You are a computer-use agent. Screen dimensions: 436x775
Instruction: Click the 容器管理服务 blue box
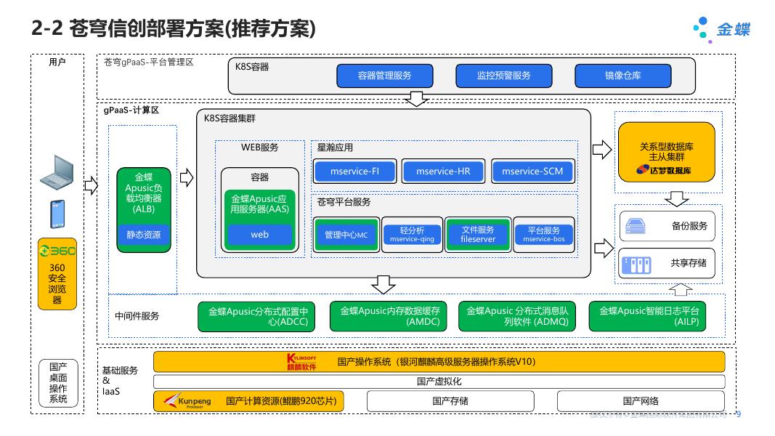click(x=385, y=76)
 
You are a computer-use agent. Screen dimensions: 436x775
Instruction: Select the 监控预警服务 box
click(x=504, y=76)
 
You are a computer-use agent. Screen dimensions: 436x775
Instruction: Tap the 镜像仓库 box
click(x=623, y=76)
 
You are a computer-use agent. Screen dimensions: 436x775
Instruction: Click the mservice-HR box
click(x=444, y=171)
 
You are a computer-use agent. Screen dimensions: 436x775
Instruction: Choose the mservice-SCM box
click(x=532, y=171)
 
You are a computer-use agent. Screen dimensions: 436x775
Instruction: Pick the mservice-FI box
click(x=354, y=171)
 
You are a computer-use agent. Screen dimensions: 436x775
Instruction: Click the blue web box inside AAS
click(x=260, y=235)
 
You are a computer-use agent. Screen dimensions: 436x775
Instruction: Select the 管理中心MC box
click(x=346, y=235)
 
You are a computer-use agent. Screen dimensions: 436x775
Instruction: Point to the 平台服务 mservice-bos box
click(x=543, y=234)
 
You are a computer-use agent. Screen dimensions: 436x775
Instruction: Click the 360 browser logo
click(x=57, y=251)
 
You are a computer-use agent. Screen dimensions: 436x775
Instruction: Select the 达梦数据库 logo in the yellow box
click(x=665, y=170)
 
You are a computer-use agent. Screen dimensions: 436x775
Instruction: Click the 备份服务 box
click(x=666, y=226)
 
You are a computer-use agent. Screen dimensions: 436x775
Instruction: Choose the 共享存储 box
click(x=666, y=263)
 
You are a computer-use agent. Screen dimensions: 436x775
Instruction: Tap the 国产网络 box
click(x=641, y=401)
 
